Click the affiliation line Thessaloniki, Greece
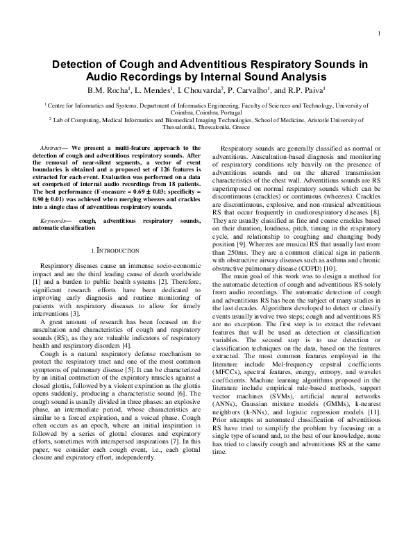206,128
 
